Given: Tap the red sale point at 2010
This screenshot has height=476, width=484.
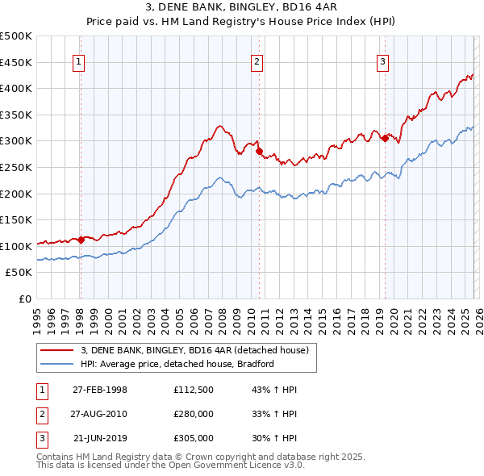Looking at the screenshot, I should (259, 151).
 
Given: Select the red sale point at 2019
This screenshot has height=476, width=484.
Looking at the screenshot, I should (385, 138).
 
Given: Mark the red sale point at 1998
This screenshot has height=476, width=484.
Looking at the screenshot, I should (81, 240).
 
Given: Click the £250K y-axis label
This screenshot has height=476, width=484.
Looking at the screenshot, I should (16, 167).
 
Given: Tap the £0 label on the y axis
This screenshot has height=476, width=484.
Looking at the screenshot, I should (24, 299).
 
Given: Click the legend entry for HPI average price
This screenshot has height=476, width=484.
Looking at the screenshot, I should (176, 364).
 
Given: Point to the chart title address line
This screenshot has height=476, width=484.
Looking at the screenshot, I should (242, 8).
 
